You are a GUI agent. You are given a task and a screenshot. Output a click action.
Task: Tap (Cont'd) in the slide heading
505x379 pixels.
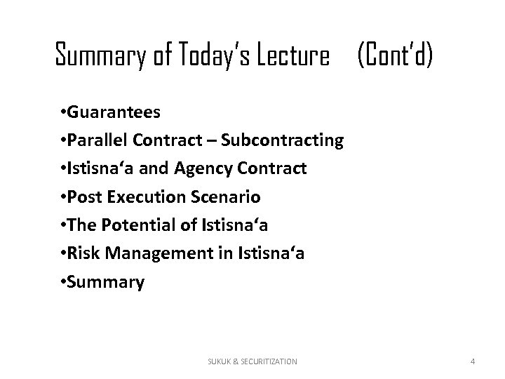tap(395, 55)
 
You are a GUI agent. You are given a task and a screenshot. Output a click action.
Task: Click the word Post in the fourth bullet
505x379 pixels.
tap(82, 198)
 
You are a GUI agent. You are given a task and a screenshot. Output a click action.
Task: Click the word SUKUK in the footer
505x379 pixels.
tap(220, 361)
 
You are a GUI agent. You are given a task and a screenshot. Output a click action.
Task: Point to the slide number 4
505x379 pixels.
tap(473, 361)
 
